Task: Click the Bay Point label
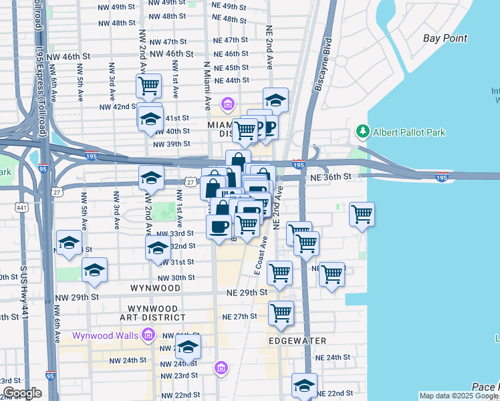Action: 445,38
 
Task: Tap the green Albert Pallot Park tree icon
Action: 363,132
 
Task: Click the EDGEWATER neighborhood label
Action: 298,341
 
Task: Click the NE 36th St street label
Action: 329,176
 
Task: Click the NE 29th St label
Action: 247,293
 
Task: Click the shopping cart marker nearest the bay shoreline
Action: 362,215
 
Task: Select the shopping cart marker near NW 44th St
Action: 148,85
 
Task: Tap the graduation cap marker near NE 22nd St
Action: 304,386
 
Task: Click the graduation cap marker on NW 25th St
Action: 189,347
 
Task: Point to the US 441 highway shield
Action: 22,209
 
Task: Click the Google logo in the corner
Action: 22,393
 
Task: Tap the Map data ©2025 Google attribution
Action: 458,396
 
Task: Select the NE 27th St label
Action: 239,317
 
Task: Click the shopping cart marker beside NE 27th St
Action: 281,312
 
